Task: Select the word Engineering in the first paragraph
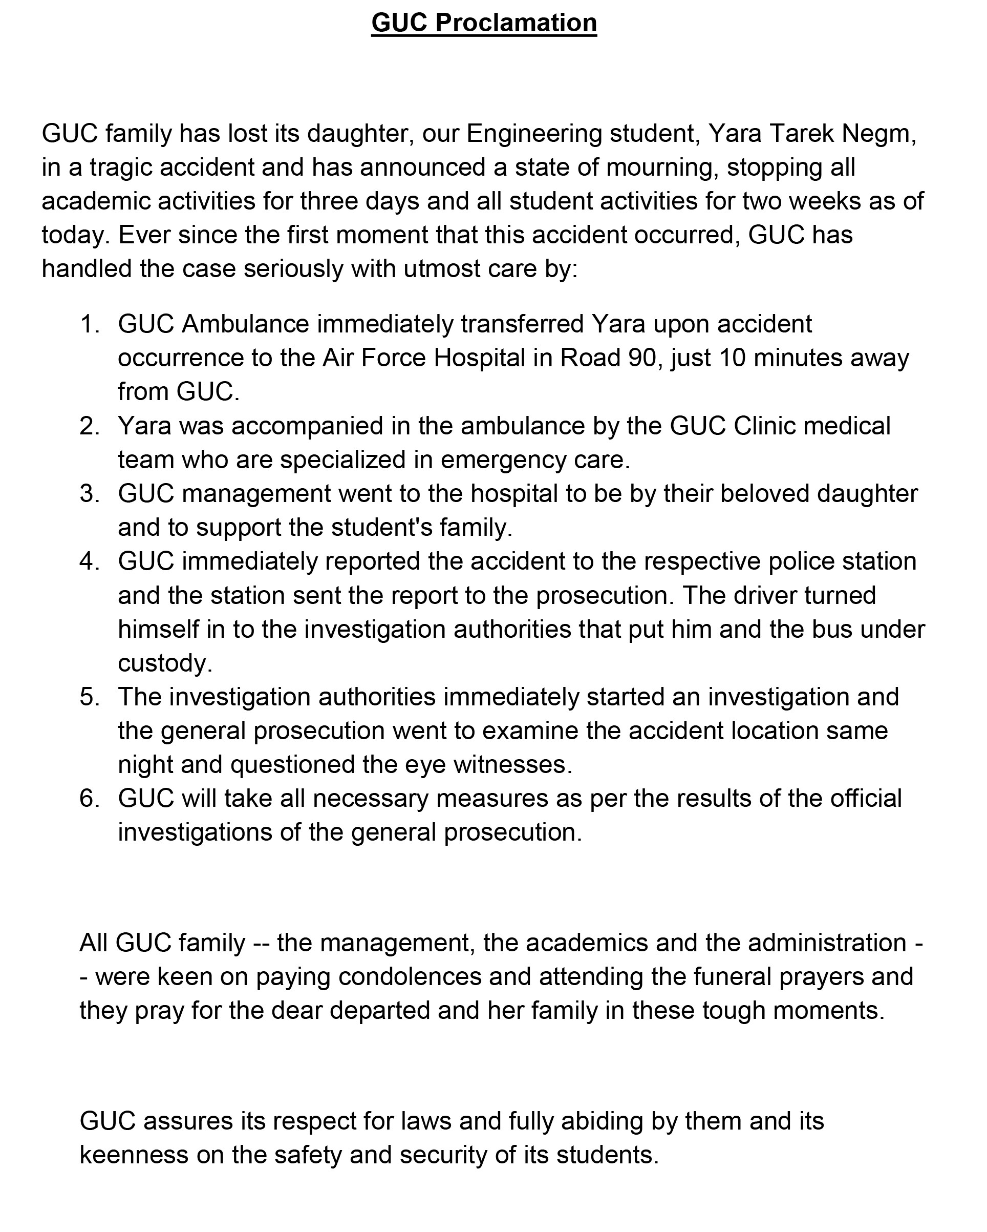533,134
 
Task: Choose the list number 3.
89,494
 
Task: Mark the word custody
164,663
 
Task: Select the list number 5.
89,697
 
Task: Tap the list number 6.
89,799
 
